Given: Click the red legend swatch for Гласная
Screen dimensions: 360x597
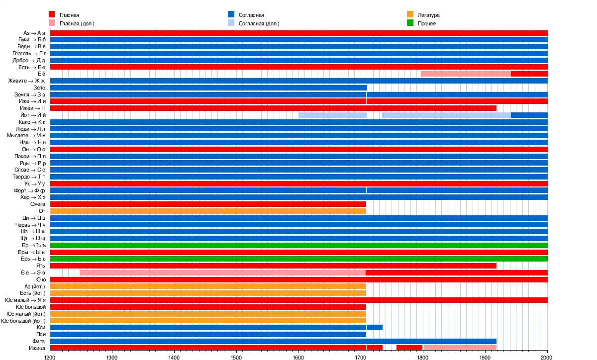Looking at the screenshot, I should click(52, 15).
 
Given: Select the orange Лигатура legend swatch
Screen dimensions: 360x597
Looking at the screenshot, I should click(410, 15).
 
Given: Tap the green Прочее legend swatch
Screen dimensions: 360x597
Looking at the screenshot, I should click(410, 23).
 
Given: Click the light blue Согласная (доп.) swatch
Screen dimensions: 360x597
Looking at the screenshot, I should click(231, 23).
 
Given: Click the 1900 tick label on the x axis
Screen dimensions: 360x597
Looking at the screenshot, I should click(485, 357).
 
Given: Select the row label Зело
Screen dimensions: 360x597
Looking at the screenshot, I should click(39, 88).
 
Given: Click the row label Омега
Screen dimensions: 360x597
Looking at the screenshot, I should click(37, 204).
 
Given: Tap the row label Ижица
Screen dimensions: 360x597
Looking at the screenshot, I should click(37, 348).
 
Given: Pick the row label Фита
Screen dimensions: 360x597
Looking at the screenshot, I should click(39, 341).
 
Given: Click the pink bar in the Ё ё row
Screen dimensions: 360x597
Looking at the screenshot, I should click(466, 74).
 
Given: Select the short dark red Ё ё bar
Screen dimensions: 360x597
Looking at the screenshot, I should click(529, 74).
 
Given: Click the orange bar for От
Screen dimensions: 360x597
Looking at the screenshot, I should click(208, 211).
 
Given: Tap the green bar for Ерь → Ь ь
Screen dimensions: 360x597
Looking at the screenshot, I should click(298, 259).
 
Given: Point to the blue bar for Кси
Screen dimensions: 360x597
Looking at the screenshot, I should click(216, 327).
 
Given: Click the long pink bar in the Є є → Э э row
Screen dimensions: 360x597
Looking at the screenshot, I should click(222, 272).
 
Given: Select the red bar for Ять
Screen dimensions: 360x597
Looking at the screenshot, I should click(273, 266).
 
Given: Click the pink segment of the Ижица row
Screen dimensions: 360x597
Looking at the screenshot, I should click(460, 348).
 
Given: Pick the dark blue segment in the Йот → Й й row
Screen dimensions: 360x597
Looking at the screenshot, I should click(529, 115).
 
